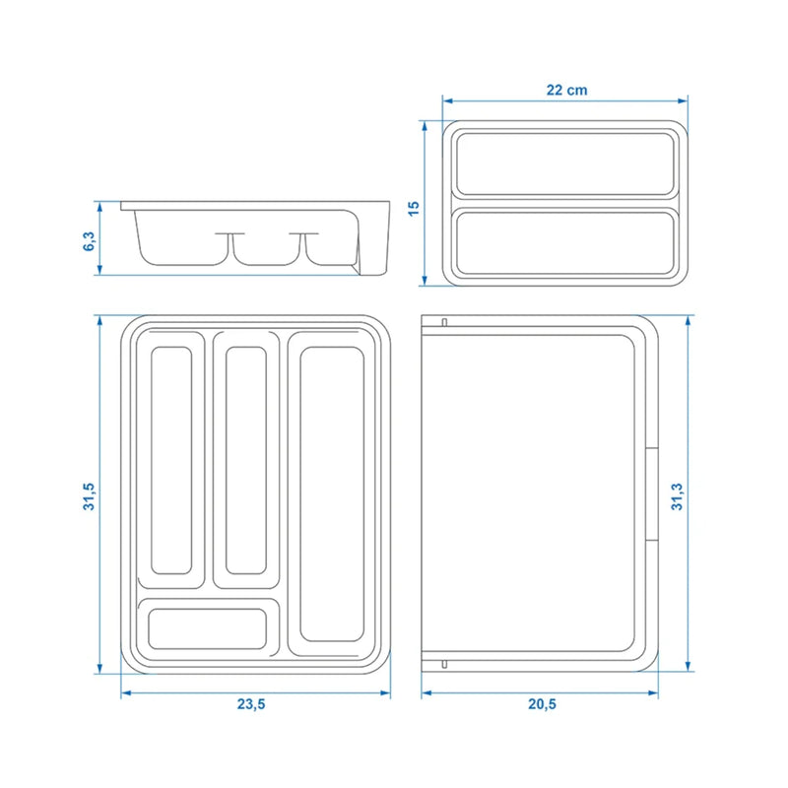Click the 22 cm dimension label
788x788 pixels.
(567, 90)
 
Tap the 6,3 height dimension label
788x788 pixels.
(90, 239)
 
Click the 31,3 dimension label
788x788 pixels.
(677, 495)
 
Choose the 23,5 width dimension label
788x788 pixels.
(250, 705)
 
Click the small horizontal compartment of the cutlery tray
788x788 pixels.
(208, 627)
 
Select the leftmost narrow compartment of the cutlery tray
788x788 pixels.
(171, 460)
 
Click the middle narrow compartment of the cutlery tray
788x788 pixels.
(246, 460)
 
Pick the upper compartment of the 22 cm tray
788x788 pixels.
(565, 163)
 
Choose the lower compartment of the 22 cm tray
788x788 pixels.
(565, 242)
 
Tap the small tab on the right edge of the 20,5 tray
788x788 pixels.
(652, 494)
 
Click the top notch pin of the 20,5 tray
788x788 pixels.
(444, 323)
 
